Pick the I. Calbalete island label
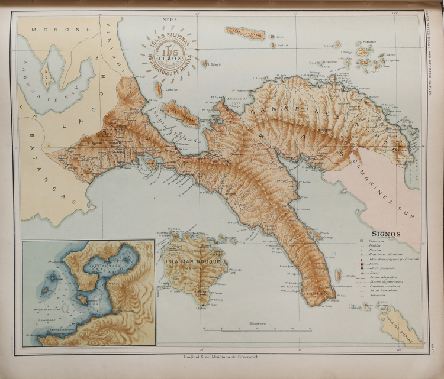157,99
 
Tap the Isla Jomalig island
245,32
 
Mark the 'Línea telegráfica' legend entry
385,277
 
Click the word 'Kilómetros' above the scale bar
258,323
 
